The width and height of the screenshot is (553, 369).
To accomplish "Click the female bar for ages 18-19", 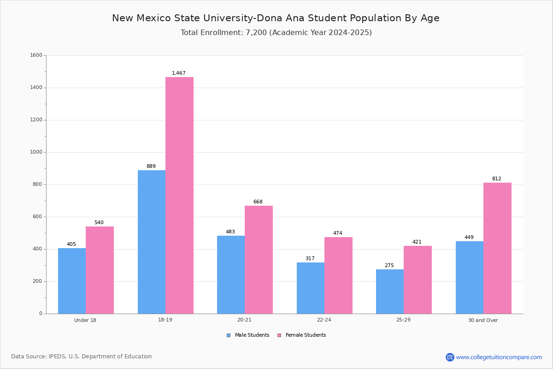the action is coord(179,195).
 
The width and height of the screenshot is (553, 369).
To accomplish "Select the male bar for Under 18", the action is coord(72,281).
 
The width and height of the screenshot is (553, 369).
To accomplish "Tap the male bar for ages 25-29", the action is coord(390,292).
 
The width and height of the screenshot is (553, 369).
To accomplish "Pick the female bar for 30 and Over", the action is coord(497,248).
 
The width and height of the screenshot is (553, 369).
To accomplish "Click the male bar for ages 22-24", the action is coord(311,288).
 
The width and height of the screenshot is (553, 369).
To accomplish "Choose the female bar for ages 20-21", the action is coord(259,260).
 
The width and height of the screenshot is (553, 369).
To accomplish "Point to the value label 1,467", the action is coord(179,73).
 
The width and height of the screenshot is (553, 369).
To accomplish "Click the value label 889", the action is coord(151,166).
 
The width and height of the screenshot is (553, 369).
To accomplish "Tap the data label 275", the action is coord(389,265).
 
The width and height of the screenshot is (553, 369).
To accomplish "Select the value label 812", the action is coord(497,179).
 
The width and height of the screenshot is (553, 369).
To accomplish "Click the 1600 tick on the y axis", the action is coord(36,55).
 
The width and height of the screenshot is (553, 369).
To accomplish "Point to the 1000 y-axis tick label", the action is coord(36,152).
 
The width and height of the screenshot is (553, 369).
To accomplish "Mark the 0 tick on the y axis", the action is coord(41,313).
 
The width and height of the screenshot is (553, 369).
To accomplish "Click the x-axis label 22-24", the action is coord(324,320).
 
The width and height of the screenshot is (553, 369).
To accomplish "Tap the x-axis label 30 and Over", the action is coord(483,320).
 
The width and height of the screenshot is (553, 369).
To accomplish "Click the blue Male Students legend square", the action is coord(229,335).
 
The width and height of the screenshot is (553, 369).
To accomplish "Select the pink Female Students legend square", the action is coord(279,335).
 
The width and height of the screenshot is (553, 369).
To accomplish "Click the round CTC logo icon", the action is coord(450,357).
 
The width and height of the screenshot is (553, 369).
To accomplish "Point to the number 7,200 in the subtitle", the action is coord(256,33).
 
